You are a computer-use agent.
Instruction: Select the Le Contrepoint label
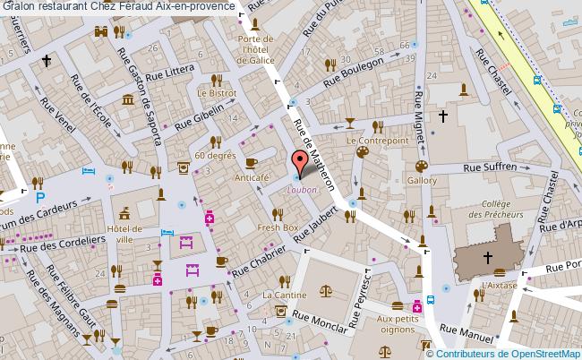pos(377,141)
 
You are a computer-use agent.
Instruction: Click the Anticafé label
pos(252,178)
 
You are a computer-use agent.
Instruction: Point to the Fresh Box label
pos(277,227)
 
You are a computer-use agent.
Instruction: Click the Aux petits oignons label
pos(398,323)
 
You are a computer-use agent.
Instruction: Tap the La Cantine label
pos(278,295)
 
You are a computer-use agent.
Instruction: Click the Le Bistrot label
pos(216,92)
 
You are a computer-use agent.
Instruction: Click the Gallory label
pos(423,181)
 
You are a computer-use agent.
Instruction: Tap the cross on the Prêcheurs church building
pos(488,258)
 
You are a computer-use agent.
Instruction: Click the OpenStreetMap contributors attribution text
pos(507,352)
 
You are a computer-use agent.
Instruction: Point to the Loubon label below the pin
pos(302,189)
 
